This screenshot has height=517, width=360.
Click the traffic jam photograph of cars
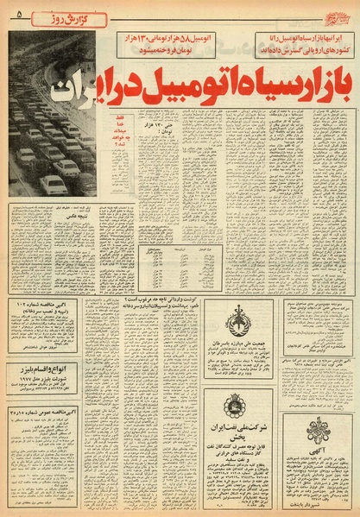click(x=52, y=147)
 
